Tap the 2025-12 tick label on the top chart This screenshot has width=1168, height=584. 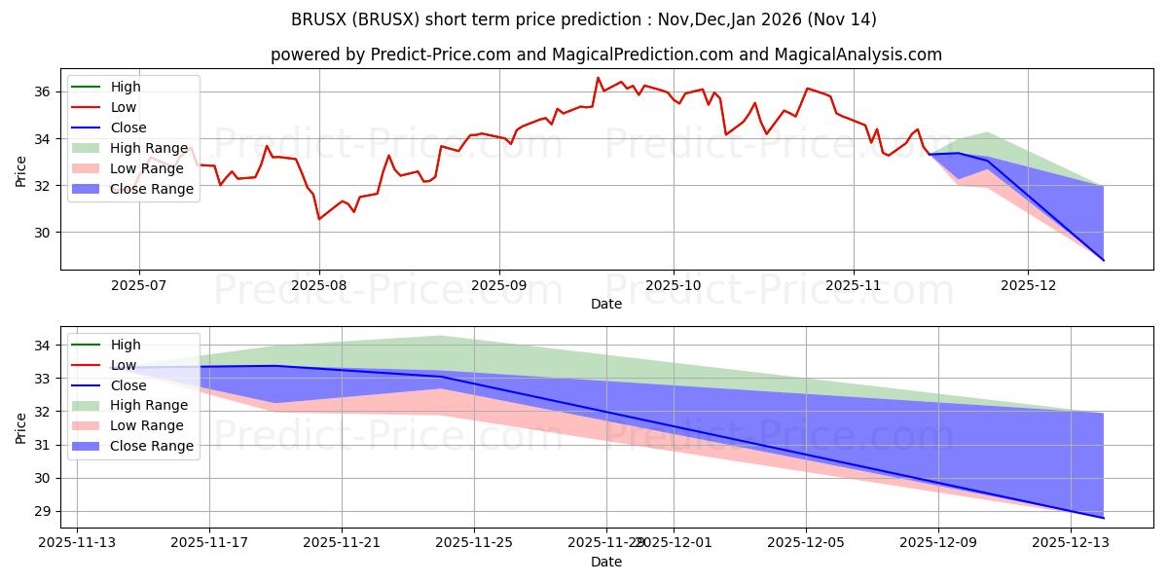click(1028, 287)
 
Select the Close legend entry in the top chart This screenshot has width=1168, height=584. click(128, 128)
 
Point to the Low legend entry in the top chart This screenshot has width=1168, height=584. click(124, 107)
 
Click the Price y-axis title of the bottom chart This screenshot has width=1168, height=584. click(21, 428)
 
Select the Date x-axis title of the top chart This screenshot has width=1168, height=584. click(606, 304)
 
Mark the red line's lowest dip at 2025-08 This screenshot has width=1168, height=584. click(319, 219)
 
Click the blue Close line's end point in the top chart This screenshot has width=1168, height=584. click(1104, 260)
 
